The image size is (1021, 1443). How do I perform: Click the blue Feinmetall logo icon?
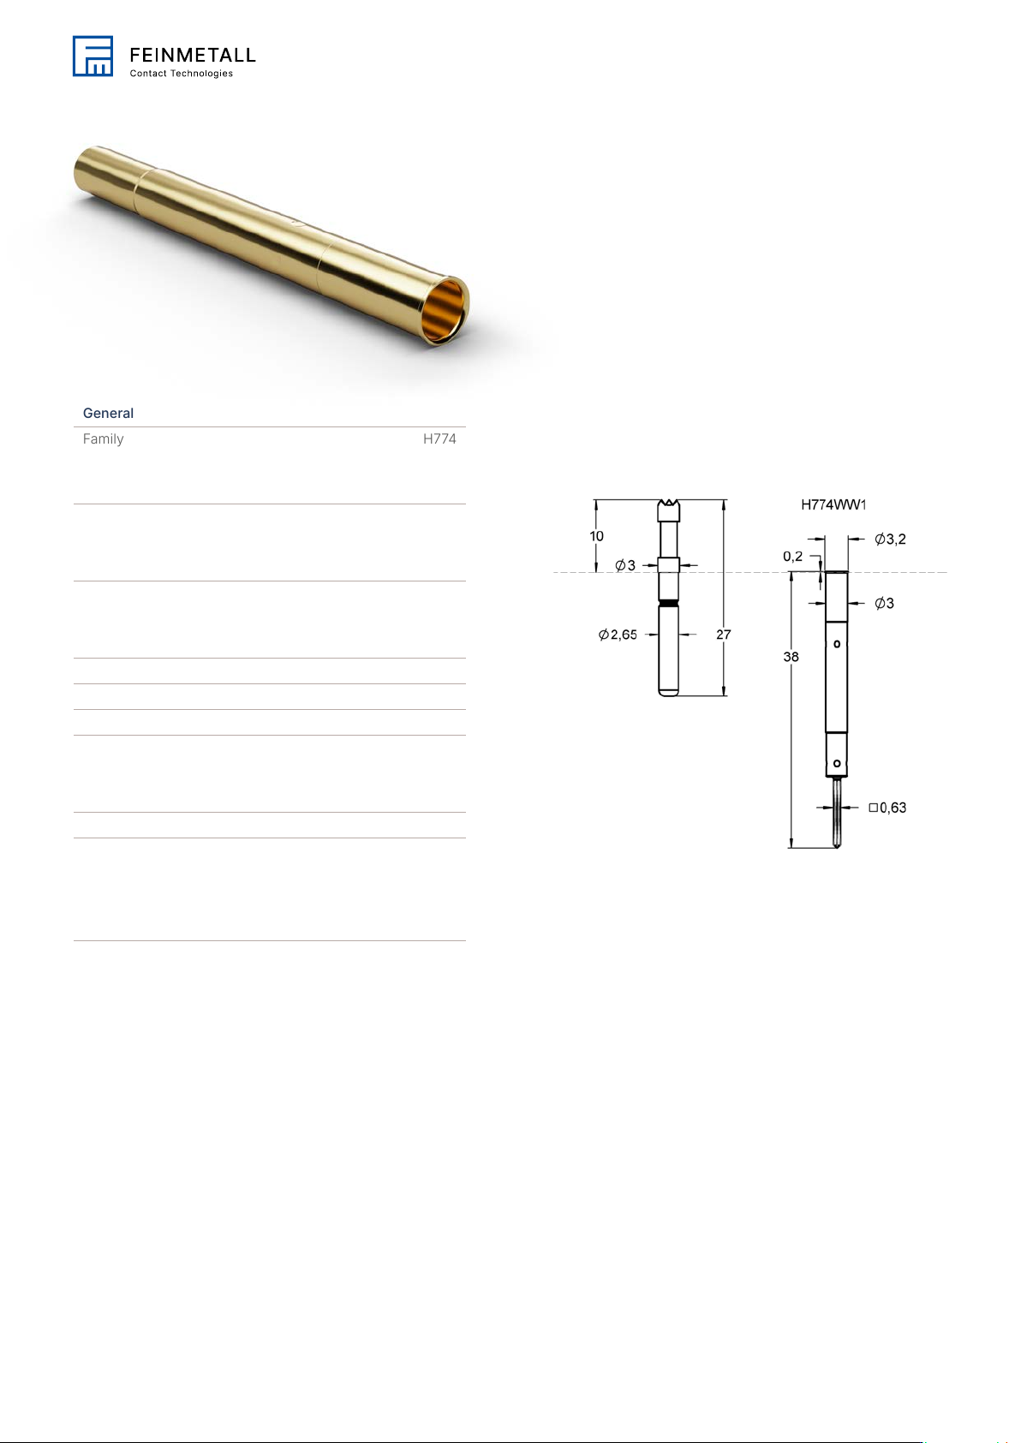pos(93,56)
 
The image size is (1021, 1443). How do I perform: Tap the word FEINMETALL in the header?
pos(193,55)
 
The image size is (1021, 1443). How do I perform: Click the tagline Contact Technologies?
pos(181,74)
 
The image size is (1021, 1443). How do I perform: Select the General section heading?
pos(108,413)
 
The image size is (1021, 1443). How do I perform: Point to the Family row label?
pos(103,438)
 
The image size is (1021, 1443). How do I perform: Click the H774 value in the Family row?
pos(439,438)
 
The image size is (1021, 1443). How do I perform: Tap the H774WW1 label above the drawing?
pos(833,504)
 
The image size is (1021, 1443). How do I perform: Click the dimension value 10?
pos(596,536)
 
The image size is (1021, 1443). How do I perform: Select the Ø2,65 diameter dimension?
pos(618,635)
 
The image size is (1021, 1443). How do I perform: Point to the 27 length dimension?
pos(724,635)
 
